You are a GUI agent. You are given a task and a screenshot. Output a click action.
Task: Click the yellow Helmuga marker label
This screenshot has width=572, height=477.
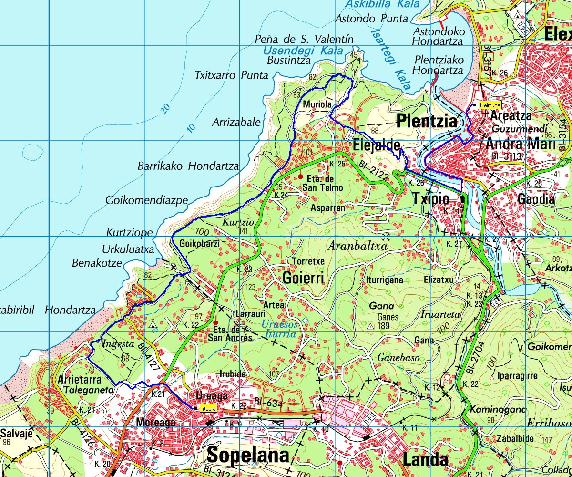click(x=490, y=105)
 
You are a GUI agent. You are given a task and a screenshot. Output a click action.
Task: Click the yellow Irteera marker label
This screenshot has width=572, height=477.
click(x=209, y=408)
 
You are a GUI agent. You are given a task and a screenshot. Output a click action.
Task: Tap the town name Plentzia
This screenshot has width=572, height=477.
click(x=427, y=122)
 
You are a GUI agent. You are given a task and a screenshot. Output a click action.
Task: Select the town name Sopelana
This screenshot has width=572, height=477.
click(x=248, y=456)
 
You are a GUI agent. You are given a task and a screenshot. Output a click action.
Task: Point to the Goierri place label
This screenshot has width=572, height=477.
click(x=303, y=278)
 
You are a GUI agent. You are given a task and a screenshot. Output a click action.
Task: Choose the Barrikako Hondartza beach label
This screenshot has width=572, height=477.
click(x=188, y=166)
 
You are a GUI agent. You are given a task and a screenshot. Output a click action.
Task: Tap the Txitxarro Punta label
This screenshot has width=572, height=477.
click(x=232, y=75)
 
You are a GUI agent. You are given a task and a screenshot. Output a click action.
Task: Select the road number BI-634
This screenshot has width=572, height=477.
click(x=269, y=404)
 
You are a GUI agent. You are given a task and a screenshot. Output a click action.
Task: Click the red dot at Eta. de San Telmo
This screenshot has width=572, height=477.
click(x=301, y=176)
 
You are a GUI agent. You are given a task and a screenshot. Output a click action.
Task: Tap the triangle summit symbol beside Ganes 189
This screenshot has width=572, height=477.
click(x=370, y=327)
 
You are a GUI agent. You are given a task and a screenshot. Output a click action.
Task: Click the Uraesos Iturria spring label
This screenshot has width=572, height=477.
click(x=279, y=329)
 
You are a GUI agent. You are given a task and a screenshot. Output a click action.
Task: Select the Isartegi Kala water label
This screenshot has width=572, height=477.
click(x=390, y=58)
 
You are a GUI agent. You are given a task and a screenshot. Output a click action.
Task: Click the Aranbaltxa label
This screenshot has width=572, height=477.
click(x=358, y=246)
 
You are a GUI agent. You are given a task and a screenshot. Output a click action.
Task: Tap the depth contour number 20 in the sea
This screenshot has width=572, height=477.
click(x=165, y=109)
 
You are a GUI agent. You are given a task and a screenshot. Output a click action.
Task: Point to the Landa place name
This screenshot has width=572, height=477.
click(x=425, y=459)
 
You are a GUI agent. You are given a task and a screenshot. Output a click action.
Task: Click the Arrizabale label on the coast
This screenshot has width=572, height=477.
click(x=236, y=122)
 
